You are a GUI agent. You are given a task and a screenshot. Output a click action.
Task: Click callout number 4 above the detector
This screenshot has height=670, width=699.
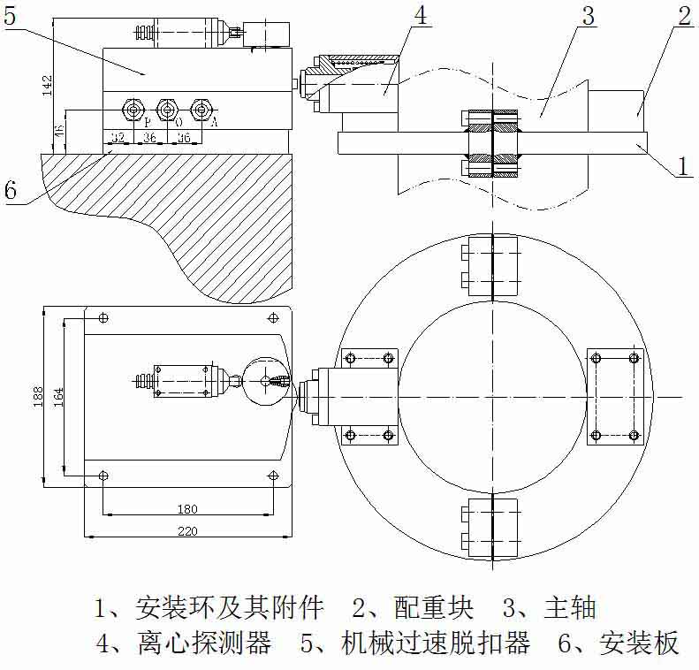click(x=420, y=16)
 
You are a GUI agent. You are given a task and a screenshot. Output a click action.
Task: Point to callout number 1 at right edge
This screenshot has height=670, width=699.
click(x=683, y=164)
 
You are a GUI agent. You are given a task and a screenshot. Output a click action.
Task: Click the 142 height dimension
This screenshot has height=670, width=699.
click(x=49, y=85)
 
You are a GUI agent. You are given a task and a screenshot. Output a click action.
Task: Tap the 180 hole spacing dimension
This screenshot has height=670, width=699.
click(x=187, y=509)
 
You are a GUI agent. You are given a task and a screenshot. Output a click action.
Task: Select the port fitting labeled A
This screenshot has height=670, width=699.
click(x=203, y=110)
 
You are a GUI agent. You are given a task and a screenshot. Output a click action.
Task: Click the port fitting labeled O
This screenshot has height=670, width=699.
click(x=167, y=110)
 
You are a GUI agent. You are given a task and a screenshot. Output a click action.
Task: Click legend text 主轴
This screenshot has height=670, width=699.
click(x=574, y=608)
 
